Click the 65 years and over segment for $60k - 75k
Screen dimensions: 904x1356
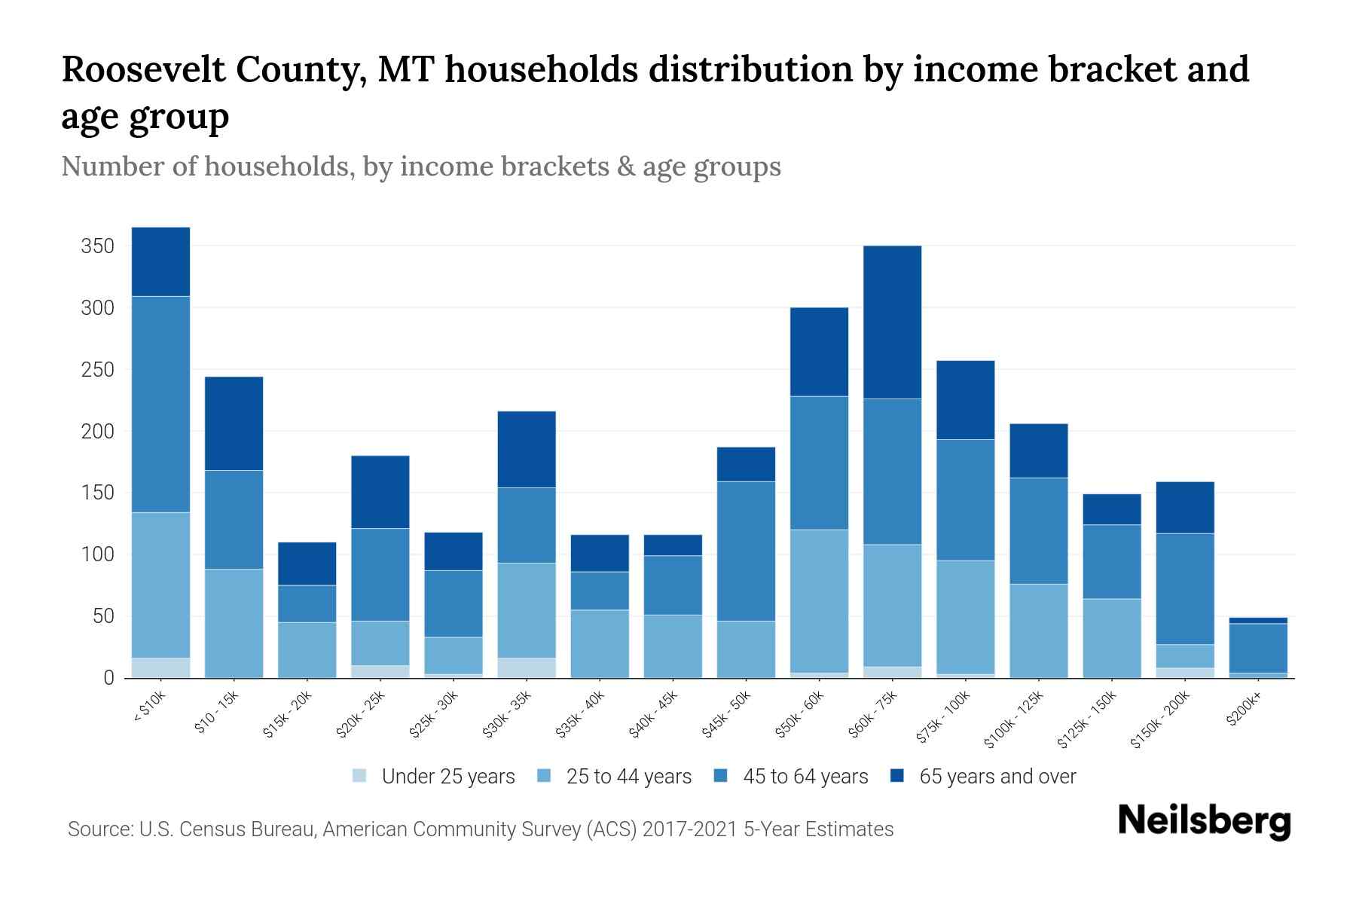[x=892, y=322]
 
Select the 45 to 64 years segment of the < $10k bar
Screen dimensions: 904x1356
[x=160, y=404]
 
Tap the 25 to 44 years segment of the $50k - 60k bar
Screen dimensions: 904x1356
[x=819, y=600]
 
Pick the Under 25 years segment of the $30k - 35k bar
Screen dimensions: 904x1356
[x=527, y=667]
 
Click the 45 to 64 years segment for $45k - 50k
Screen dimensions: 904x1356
[x=746, y=551]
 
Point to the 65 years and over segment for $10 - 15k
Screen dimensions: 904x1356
[x=234, y=423]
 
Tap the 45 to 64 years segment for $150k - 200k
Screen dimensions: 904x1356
[x=1185, y=588]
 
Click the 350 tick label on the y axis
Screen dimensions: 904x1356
[x=98, y=246]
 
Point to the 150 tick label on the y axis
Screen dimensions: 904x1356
[x=98, y=493]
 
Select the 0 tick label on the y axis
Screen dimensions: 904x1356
[x=108, y=678]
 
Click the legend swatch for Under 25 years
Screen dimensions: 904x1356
[x=360, y=776]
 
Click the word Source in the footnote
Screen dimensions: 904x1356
[x=98, y=829]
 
